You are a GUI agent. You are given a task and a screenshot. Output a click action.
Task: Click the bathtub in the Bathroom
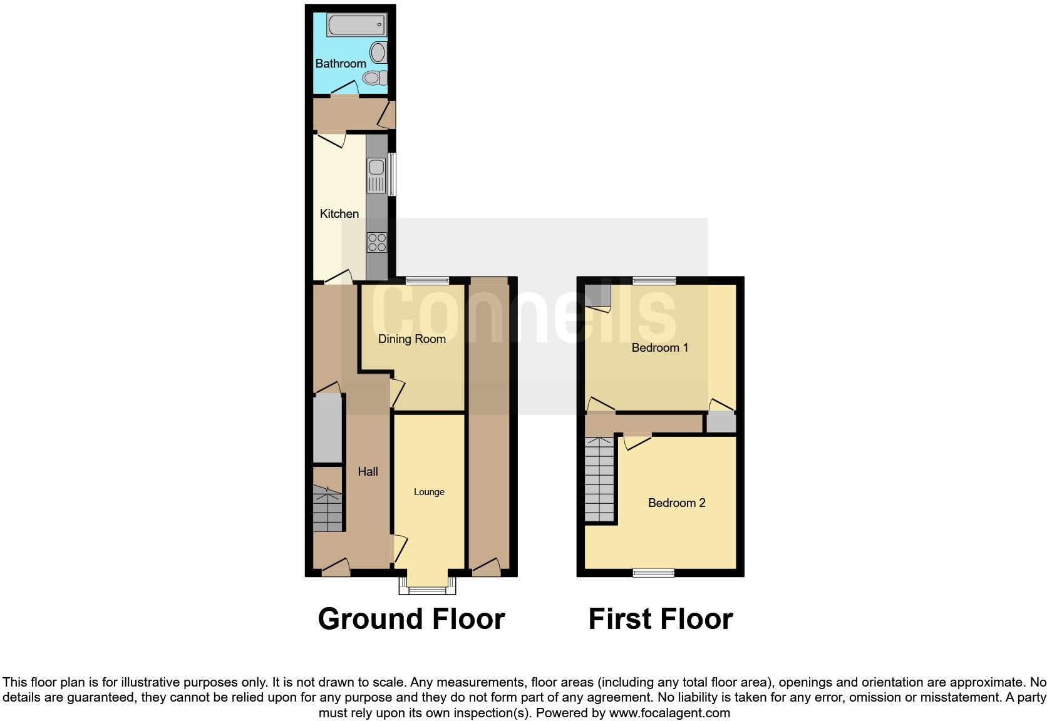pos(356,26)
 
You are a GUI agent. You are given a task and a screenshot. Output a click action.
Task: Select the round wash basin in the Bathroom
pos(379,52)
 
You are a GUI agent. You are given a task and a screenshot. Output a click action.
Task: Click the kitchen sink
pos(376,167)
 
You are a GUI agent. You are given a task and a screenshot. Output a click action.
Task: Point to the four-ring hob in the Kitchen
pos(377,242)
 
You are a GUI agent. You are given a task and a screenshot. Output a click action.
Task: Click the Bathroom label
pos(341,63)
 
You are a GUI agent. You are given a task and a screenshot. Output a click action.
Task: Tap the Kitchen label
pos(339,213)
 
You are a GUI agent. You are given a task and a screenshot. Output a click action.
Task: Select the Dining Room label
pos(411,339)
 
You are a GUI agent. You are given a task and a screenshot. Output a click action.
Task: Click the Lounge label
pos(429,492)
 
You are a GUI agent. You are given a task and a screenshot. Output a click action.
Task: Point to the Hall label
pos(368,471)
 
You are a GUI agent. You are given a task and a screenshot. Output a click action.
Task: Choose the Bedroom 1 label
pos(659,347)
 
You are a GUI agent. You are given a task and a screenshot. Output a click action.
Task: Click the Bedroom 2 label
pos(676,503)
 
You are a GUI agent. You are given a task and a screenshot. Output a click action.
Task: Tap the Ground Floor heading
pos(411,618)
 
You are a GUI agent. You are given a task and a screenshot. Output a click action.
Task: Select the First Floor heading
pos(660,618)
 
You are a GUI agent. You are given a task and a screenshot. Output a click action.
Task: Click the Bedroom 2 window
pos(653,572)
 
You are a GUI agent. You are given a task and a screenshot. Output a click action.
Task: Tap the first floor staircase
pos(599,479)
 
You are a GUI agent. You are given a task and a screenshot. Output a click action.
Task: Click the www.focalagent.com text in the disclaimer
pos(669,712)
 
